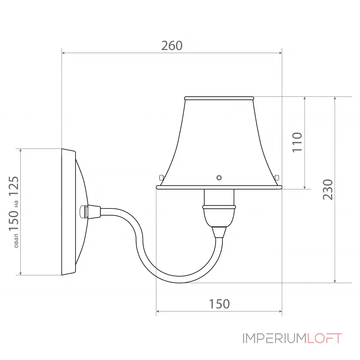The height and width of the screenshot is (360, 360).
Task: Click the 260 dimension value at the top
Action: (x=172, y=45)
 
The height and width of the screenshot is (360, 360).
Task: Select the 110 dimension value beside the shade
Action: (x=297, y=142)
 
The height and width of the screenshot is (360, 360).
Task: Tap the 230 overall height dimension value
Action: (x=328, y=189)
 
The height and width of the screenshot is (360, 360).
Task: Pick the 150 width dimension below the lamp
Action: (x=219, y=304)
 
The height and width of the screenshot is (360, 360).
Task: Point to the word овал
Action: (x=16, y=240)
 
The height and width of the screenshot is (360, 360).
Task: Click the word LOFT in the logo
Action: (x=325, y=338)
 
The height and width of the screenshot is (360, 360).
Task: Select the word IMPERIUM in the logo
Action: (x=275, y=338)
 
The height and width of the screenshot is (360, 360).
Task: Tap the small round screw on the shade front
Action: (x=219, y=177)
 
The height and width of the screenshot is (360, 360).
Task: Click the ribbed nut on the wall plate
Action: (x=84, y=211)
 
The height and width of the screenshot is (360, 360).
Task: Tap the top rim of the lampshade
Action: (x=219, y=98)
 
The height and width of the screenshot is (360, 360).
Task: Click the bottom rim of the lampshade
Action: (x=219, y=187)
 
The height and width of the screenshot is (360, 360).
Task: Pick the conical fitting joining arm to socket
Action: (x=219, y=232)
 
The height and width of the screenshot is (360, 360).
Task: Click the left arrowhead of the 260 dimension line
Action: (x=64, y=53)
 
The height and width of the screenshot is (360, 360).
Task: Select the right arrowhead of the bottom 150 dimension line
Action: (x=279, y=311)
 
